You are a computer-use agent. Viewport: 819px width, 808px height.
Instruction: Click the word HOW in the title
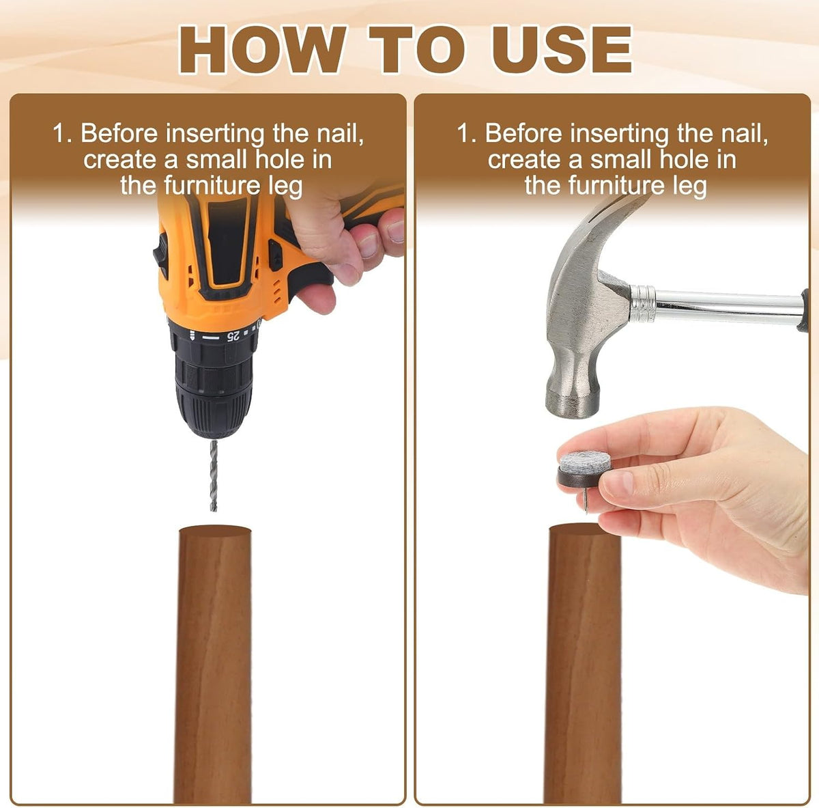pyautogui.click(x=261, y=51)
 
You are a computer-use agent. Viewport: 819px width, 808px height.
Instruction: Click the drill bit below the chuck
pyautogui.click(x=214, y=475)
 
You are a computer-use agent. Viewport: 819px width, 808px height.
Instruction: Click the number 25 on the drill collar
pyautogui.click(x=233, y=336)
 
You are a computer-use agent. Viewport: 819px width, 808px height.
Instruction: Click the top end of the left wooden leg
pyautogui.click(x=215, y=531)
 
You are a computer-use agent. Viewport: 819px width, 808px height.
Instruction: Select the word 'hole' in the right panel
pyautogui.click(x=684, y=160)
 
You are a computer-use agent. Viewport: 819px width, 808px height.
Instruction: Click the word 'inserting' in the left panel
pyautogui.click(x=215, y=135)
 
